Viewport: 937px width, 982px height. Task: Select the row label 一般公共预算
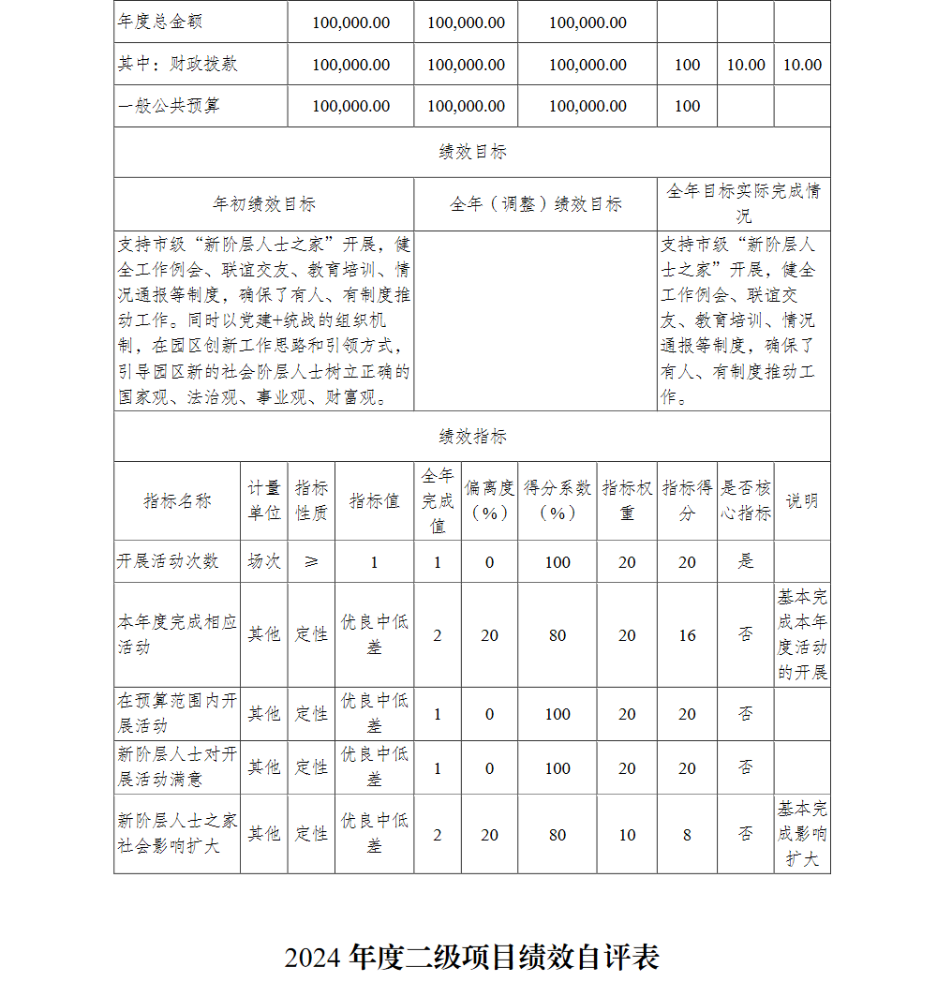170,106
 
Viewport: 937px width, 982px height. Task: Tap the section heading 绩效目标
472,152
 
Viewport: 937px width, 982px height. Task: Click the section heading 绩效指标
472,437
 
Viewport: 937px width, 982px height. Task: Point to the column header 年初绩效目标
264,204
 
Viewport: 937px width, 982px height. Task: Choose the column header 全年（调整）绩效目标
535,204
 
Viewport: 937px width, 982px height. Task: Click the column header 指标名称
177,500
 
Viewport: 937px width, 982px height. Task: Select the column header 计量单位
264,500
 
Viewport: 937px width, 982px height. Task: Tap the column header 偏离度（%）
489,500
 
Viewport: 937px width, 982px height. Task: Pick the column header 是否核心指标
746,500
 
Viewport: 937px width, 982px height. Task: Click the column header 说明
802,500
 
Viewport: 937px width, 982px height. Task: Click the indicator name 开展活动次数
169,561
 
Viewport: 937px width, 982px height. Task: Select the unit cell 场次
264,561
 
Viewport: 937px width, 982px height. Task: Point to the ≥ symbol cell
311,561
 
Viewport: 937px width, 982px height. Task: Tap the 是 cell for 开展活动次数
746,561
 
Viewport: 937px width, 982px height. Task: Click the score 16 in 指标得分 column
687,635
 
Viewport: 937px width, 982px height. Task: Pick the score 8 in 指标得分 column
687,834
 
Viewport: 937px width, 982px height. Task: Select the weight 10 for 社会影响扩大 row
627,834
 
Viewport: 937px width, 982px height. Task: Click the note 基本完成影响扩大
802,834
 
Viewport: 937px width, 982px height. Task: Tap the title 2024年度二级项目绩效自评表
472,957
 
